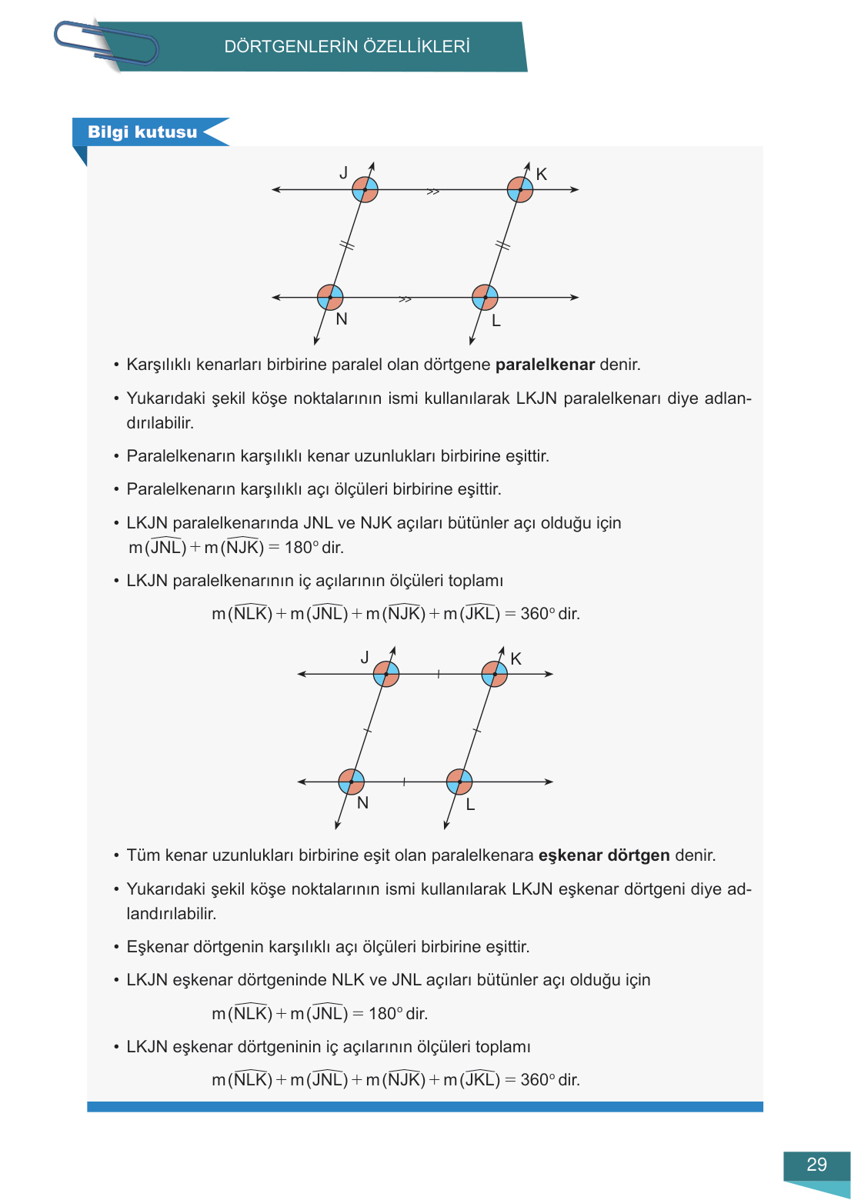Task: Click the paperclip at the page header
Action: [105, 44]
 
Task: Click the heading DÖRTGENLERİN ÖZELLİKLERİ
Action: [347, 47]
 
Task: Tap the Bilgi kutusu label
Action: [142, 132]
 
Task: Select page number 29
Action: [816, 1165]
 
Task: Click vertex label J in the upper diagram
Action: [344, 173]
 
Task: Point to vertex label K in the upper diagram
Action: [542, 175]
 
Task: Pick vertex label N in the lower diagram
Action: [363, 803]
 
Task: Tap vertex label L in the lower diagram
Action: [470, 805]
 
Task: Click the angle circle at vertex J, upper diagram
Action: [365, 189]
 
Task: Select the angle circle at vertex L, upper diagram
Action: [485, 297]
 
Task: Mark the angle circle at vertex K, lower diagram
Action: [494, 674]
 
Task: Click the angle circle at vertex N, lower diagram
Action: [351, 782]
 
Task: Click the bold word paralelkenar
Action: [545, 365]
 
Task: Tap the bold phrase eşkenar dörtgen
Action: [604, 855]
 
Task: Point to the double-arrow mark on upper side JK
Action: [433, 192]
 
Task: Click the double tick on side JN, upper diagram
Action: [347, 245]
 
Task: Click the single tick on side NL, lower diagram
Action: [404, 782]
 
